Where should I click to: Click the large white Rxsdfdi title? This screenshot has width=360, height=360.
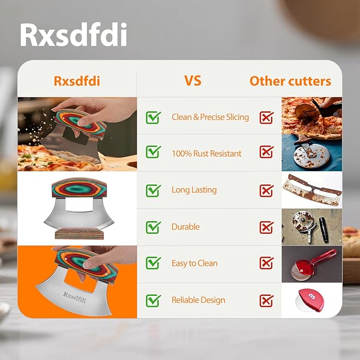(73, 34)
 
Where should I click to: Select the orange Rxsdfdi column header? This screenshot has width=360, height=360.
(77, 81)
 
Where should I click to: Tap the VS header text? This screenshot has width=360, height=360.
(192, 81)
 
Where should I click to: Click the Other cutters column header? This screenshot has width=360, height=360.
(290, 81)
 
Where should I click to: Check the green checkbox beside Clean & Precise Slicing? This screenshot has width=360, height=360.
(153, 117)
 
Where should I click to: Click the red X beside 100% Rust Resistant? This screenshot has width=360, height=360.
(266, 153)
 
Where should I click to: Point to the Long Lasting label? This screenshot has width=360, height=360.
(194, 190)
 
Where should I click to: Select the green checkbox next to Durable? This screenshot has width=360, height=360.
(153, 227)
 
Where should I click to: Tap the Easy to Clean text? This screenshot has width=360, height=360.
(195, 263)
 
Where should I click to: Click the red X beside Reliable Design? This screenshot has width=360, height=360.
(266, 301)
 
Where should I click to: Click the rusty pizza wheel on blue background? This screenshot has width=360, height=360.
(311, 154)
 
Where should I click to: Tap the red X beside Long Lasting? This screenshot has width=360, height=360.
(266, 190)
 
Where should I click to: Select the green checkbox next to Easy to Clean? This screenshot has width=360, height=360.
(153, 263)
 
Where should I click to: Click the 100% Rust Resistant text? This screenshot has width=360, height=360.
(206, 154)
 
